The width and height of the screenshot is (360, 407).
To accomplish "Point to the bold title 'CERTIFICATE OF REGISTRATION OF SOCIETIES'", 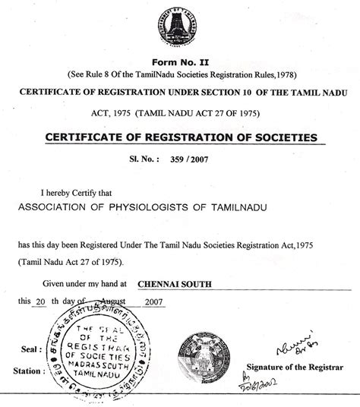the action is click(181, 137).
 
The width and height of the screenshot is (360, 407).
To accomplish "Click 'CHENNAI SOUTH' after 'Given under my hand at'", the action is click(174, 284).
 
